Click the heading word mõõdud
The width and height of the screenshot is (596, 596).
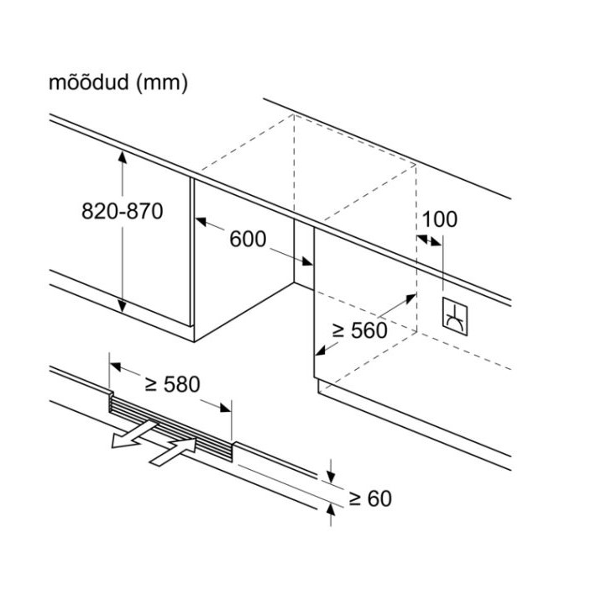click(87, 83)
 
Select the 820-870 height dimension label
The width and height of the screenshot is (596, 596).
click(123, 211)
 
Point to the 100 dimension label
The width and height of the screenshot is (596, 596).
click(439, 219)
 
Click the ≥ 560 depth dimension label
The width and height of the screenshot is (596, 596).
click(359, 330)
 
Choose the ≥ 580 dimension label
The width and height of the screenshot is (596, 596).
click(172, 384)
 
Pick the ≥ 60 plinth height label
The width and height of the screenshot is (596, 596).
click(369, 498)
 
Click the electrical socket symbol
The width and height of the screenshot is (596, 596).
click(456, 314)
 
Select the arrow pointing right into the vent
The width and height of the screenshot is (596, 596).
click(177, 451)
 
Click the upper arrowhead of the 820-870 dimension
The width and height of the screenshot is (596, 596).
click(123, 156)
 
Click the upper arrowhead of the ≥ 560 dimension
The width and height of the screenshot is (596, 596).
click(410, 298)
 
